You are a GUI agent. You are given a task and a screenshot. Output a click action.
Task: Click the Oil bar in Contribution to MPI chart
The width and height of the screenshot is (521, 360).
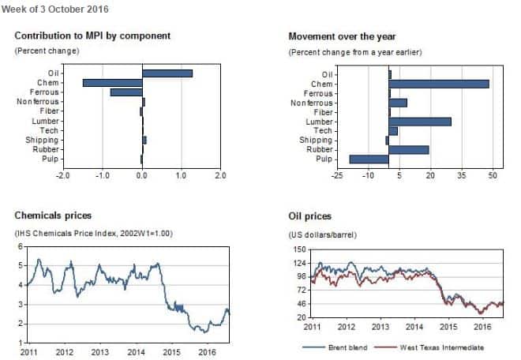pos(167,73)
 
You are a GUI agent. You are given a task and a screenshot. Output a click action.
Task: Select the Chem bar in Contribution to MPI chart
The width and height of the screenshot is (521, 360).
pos(112,83)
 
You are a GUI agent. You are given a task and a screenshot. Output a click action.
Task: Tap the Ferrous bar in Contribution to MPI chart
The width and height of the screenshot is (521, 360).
pos(126,92)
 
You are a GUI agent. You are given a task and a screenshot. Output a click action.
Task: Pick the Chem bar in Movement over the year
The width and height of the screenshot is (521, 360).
pos(438,83)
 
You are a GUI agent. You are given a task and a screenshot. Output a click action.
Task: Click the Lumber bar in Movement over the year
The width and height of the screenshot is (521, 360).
pos(419,121)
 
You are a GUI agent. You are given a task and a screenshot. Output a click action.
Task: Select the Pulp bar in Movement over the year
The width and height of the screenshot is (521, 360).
pos(369,159)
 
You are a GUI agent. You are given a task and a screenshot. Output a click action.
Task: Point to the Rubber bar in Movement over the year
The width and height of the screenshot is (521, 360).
pos(408,149)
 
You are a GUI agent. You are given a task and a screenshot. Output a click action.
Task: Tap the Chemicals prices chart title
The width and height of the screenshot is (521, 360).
pos(53,215)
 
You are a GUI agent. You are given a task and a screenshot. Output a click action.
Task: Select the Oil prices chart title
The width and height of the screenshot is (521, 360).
pos(310,216)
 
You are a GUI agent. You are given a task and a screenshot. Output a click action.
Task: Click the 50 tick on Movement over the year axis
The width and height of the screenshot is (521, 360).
pos(493,174)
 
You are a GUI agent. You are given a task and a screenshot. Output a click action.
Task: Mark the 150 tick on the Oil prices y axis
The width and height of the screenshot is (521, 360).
pos(299,249)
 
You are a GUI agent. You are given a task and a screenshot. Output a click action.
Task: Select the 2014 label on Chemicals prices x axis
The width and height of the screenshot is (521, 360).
pos(135,353)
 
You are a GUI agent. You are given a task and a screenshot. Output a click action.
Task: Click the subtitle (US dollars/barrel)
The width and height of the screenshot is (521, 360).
pos(324,234)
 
